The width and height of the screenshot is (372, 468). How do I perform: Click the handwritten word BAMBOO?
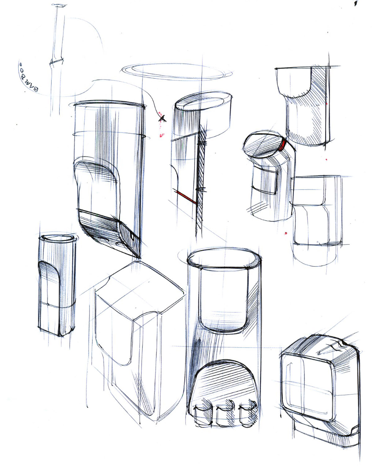point(28,79)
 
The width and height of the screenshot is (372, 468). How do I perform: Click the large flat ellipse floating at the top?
point(176,71)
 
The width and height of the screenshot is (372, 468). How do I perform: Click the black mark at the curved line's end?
point(162,118)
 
